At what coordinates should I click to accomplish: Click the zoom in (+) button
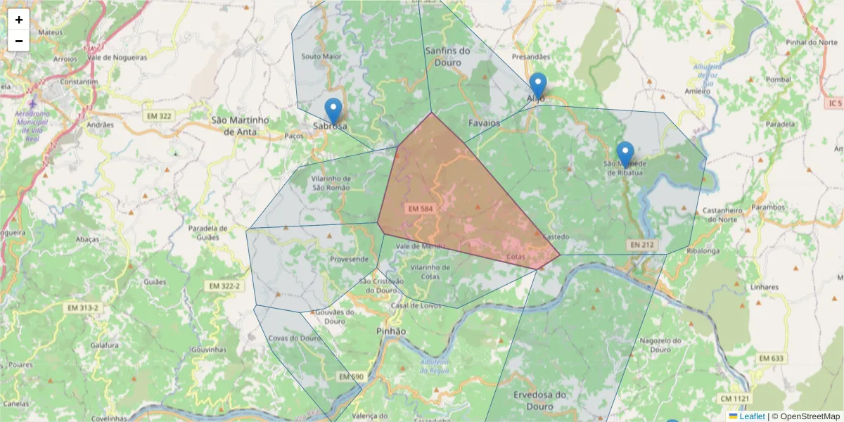(x=19, y=20)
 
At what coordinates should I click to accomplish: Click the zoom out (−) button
(x=19, y=41)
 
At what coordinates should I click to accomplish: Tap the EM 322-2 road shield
(x=225, y=286)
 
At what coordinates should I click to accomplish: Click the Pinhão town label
(x=391, y=331)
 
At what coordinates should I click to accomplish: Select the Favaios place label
(x=484, y=123)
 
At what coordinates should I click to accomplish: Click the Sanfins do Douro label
(x=448, y=56)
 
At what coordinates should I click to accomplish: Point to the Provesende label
(x=349, y=259)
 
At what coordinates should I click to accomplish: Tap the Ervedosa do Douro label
(x=540, y=400)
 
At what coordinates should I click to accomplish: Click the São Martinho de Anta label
(x=240, y=125)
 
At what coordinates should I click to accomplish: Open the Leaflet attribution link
(x=751, y=416)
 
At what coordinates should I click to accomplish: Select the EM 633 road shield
(x=772, y=359)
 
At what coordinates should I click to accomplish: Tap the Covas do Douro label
(x=295, y=338)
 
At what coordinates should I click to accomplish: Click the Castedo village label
(x=556, y=237)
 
